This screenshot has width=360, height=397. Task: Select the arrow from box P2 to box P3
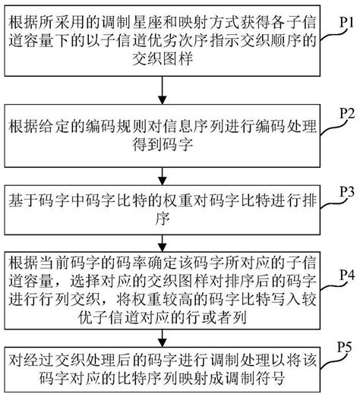161,169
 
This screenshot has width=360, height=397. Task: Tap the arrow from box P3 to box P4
161,243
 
